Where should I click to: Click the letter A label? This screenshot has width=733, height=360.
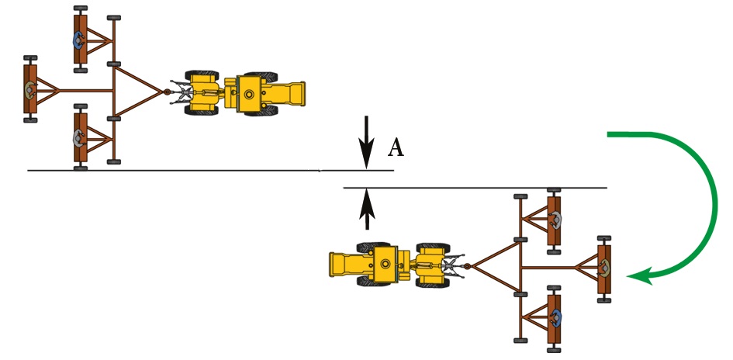pyautogui.click(x=396, y=147)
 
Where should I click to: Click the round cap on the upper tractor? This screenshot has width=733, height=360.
pyautogui.click(x=248, y=94)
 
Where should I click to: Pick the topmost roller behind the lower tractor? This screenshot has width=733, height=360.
pyautogui.click(x=555, y=220)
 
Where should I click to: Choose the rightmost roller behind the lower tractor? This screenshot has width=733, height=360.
pyautogui.click(x=603, y=268)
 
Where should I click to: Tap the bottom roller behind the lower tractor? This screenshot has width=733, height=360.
pyautogui.click(x=555, y=317)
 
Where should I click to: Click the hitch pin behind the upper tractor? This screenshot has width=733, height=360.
pyautogui.click(x=165, y=93)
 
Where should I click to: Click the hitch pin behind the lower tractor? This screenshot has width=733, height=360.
pyautogui.click(x=467, y=267)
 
